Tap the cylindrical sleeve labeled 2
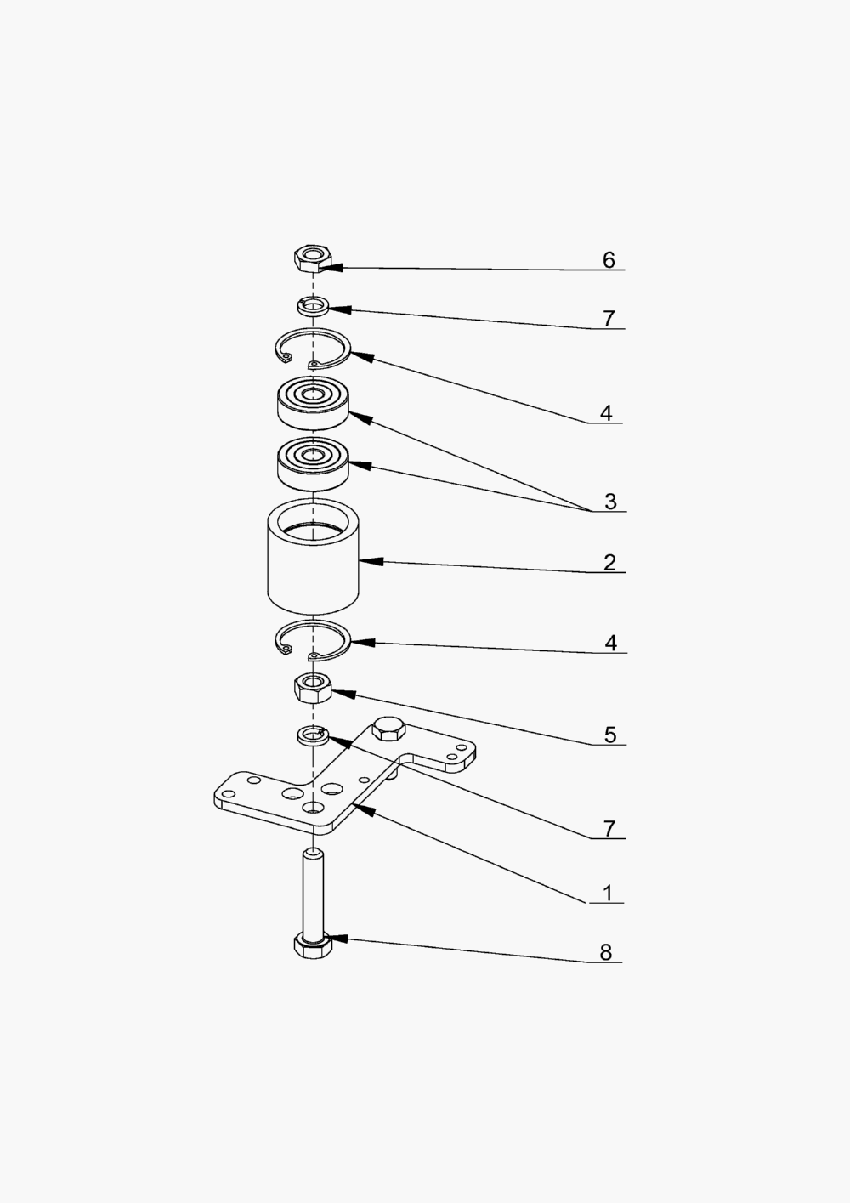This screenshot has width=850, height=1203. point(313,565)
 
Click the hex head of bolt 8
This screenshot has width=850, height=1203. point(313,946)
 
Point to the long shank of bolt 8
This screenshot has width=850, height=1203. point(313,893)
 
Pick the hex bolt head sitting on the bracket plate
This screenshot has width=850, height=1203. point(389,729)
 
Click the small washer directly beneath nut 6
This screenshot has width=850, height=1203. point(313,305)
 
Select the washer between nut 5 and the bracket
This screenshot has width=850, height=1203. point(312,733)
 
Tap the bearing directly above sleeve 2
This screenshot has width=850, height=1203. point(313,463)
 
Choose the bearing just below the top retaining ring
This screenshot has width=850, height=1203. point(313,403)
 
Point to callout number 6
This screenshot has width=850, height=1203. point(609,259)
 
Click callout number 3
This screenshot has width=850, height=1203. point(610,502)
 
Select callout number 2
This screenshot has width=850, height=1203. point(609,562)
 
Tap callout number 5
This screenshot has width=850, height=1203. point(609,735)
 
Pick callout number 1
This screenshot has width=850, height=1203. point(608,893)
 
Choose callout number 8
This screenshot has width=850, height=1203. point(606,952)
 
